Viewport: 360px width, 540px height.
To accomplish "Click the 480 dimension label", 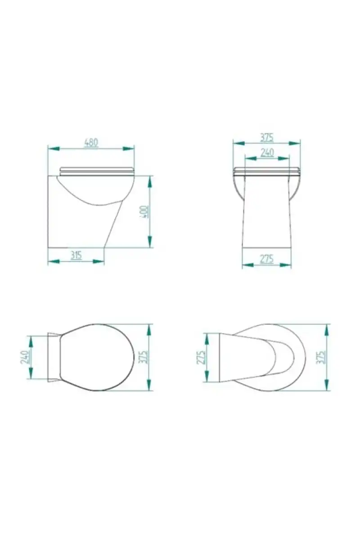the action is click(x=91, y=143).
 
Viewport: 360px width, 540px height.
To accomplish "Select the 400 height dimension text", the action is click(x=144, y=212).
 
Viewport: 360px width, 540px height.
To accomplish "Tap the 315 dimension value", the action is click(x=76, y=256).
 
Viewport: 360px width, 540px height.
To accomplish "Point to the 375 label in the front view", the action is click(x=267, y=138).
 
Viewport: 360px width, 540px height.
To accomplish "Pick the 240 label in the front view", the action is click(x=267, y=153).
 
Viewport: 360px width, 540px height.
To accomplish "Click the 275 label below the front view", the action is click(x=267, y=259).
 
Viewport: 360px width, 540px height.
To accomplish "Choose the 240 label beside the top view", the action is click(x=25, y=357).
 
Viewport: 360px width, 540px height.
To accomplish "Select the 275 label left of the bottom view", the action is click(x=201, y=357).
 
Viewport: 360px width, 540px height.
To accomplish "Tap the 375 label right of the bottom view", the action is click(x=321, y=357).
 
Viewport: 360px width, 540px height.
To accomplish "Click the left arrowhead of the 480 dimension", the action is click(x=54, y=148).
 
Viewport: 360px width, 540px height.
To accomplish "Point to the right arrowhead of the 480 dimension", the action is click(x=128, y=148).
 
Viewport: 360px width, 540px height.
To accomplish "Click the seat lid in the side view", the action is click(x=97, y=171).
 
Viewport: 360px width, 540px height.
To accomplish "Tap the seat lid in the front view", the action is click(x=267, y=171).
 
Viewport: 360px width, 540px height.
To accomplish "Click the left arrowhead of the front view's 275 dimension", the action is click(x=248, y=265).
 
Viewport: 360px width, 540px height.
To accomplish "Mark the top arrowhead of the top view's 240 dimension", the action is click(x=31, y=342).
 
